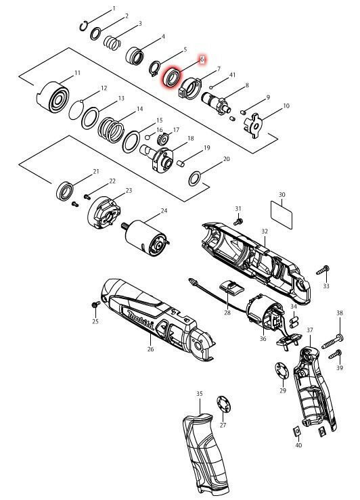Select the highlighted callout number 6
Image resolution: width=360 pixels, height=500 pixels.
[x=201, y=60]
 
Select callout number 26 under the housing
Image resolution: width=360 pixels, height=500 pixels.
[x=150, y=349]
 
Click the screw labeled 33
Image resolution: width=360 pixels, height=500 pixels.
[x=323, y=271]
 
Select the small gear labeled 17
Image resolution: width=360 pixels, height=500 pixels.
[x=162, y=139]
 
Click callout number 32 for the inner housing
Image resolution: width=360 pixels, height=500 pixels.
[x=265, y=231]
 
